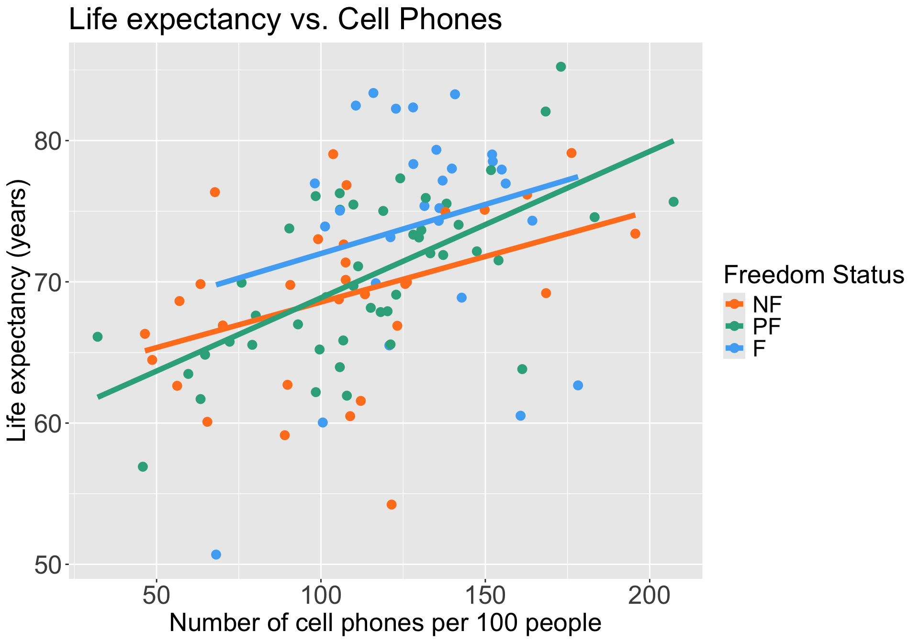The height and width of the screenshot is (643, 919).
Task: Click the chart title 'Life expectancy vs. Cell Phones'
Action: coord(285,20)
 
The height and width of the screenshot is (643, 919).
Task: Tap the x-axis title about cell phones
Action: coord(385,623)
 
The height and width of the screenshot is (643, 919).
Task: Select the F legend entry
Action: coord(759,349)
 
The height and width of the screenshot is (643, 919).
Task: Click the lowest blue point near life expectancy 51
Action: coord(216,554)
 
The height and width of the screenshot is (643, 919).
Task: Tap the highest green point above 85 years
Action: coord(561,67)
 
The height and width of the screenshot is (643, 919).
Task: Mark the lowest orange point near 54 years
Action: coord(392,504)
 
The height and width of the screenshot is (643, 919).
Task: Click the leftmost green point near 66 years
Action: coord(98,337)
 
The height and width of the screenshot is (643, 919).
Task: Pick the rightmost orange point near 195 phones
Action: coord(635,233)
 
